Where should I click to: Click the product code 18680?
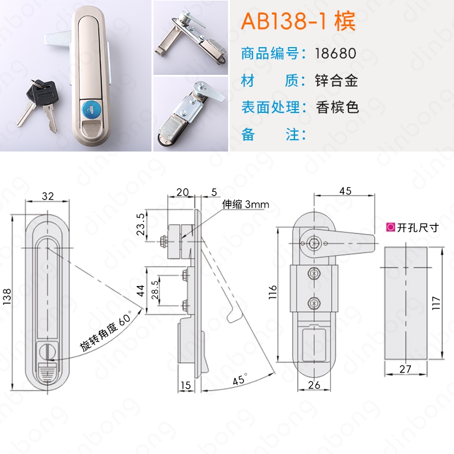pos(335,53)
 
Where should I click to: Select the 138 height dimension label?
pos(7,296)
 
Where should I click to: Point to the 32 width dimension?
pos(48,196)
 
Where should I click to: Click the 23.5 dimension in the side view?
pos(141,225)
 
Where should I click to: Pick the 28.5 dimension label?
pos(155,290)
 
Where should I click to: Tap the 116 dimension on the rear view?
pos(273,292)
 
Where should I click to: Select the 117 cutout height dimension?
pos(436,303)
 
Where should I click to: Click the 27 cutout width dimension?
pos(405,369)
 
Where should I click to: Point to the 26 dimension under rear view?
pos(314,385)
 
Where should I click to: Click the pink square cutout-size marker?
pos(390,228)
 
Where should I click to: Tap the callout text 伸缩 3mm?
pos(246,204)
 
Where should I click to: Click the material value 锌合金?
pos(337,81)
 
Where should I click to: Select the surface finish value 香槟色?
pos(337,107)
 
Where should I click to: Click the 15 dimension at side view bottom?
pos(186,385)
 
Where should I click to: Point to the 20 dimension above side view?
pos(182,192)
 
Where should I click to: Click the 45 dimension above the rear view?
pos(345,191)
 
